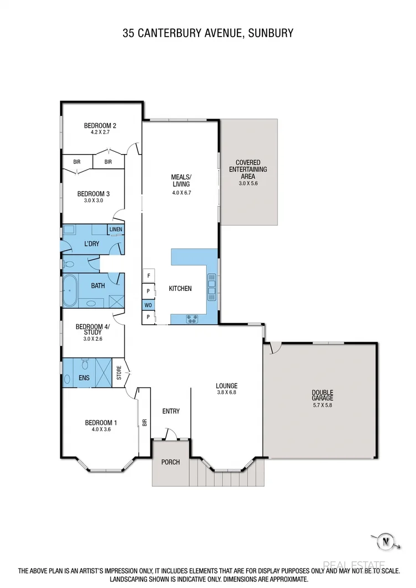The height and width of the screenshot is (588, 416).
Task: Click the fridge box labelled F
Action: [x=148, y=275]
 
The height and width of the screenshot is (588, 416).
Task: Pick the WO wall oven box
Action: [x=148, y=304]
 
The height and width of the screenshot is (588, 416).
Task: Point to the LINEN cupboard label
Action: [x=115, y=229]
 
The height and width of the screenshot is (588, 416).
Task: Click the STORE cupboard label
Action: [x=119, y=373]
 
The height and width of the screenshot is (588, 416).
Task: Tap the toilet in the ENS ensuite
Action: [x=84, y=363]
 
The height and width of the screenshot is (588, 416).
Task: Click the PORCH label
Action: [x=170, y=462]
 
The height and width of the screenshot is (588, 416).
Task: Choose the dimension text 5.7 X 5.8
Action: [x=322, y=405]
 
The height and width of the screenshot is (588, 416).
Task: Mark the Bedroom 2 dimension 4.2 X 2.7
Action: [x=100, y=133]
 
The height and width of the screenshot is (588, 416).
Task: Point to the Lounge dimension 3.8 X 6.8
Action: [x=227, y=393]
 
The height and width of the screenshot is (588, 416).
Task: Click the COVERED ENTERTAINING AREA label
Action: [x=248, y=169]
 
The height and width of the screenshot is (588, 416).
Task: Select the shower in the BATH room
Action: [x=116, y=301]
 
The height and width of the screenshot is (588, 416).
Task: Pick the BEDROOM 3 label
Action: [x=93, y=194]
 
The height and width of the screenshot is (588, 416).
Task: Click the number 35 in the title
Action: [x=129, y=34]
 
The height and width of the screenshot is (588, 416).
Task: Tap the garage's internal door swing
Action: [x=274, y=347]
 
